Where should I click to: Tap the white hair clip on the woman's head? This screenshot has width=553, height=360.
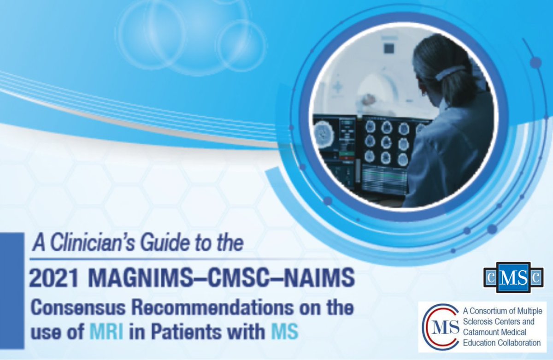click(450, 72)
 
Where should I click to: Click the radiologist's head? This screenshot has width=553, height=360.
click(438, 69)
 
